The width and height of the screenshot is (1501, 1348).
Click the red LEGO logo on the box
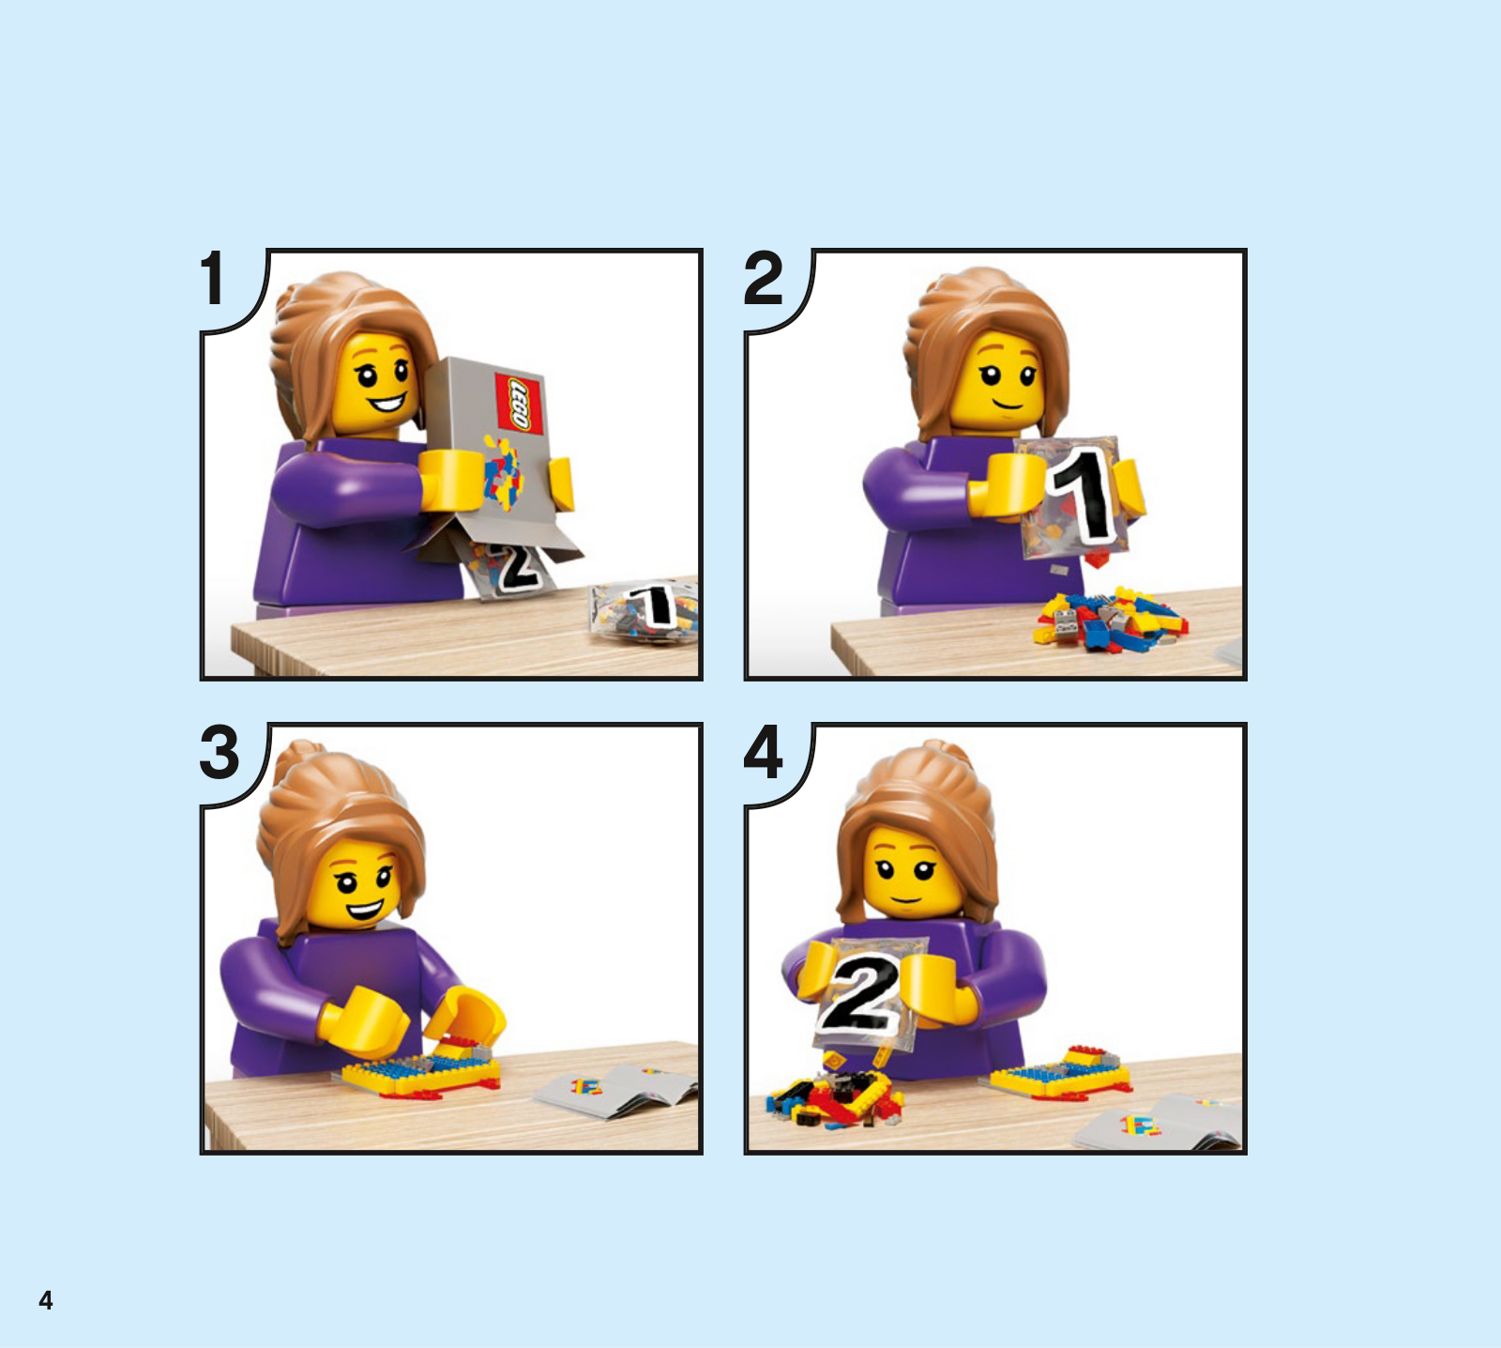[x=519, y=404]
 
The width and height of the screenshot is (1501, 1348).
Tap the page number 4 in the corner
[x=45, y=1300]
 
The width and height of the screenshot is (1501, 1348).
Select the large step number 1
[x=213, y=278]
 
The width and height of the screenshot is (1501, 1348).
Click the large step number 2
[x=763, y=278]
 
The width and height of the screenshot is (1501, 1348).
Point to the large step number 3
[x=220, y=752]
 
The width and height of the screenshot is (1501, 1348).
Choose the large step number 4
[x=763, y=752]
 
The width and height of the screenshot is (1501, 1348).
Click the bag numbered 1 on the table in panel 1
[x=645, y=611]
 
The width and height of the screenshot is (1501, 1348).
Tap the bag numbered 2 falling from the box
[x=507, y=567]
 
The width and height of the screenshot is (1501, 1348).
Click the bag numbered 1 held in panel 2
[x=1074, y=498]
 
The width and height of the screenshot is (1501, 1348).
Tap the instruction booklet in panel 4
[x=1159, y=1123]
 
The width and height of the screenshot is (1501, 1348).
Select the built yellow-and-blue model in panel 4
[x=1060, y=1074]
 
